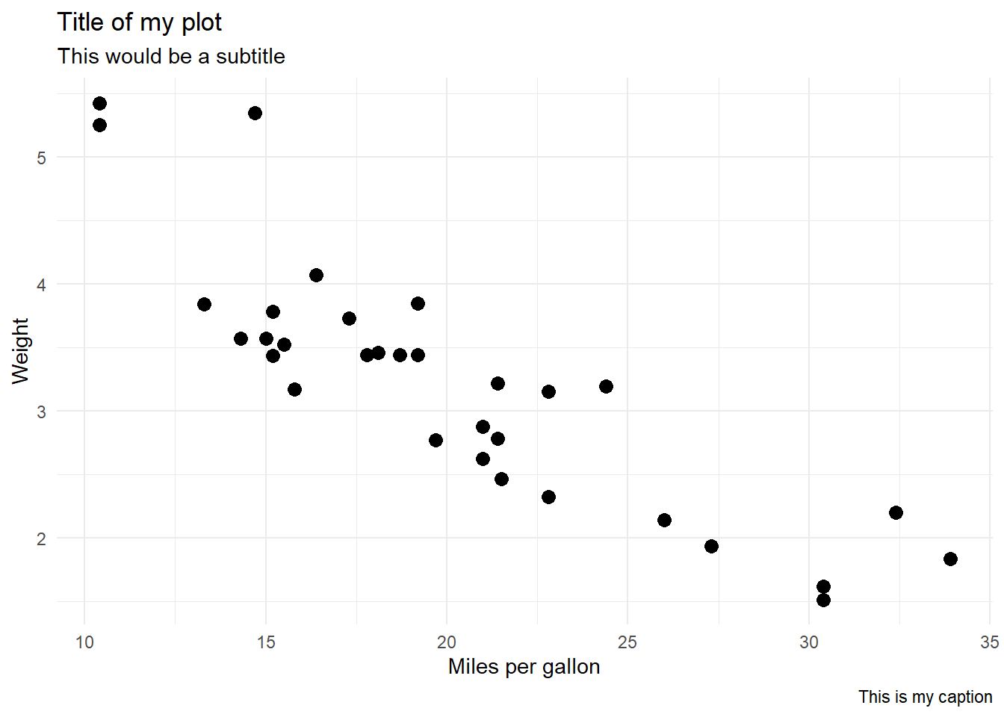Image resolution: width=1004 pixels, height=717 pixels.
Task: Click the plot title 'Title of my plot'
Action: click(139, 22)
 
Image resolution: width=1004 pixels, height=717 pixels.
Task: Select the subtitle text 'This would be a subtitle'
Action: click(171, 57)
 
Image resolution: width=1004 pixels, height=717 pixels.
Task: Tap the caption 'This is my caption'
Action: click(925, 697)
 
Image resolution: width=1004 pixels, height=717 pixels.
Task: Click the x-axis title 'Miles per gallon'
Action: click(524, 666)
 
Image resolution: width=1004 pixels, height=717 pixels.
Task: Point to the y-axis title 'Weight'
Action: click(20, 350)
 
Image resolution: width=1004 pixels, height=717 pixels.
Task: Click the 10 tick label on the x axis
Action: click(84, 642)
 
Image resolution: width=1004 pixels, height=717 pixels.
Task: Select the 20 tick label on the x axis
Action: click(447, 642)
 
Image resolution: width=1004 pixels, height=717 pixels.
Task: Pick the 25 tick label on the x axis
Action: click(627, 642)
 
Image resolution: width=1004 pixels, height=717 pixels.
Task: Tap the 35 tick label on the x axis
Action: click(989, 642)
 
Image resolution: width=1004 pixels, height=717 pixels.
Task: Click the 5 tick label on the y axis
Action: click(41, 158)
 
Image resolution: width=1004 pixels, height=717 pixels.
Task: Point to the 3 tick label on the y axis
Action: click(41, 412)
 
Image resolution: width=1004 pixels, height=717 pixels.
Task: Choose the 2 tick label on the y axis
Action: click(41, 538)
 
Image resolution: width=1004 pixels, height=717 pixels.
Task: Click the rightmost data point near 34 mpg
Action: click(950, 559)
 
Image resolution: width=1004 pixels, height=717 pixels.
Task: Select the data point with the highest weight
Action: click(99, 103)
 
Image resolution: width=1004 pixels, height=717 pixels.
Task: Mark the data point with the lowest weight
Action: click(823, 600)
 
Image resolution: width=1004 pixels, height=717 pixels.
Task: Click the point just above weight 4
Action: click(316, 275)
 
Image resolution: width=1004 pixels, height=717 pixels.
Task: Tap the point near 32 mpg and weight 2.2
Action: click(896, 512)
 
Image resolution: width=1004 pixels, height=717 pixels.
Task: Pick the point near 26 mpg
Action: click(664, 520)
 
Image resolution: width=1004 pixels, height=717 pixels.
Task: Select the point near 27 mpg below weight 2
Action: click(711, 546)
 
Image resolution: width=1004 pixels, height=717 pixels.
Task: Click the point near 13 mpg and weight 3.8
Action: click(204, 304)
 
